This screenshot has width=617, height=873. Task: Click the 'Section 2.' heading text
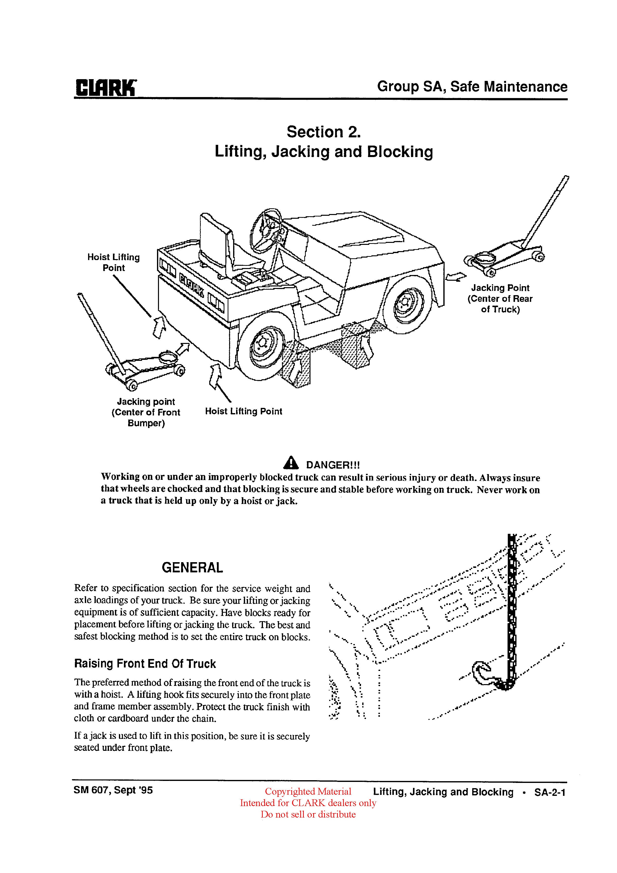coord(323,132)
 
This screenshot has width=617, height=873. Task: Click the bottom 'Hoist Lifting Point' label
coord(244,411)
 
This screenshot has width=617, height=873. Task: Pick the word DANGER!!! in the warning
coord(333,465)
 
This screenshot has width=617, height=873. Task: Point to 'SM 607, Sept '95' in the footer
coord(113,790)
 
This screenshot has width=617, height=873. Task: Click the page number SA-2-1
coord(550,792)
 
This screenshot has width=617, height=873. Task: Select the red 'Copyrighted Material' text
coord(308,791)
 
